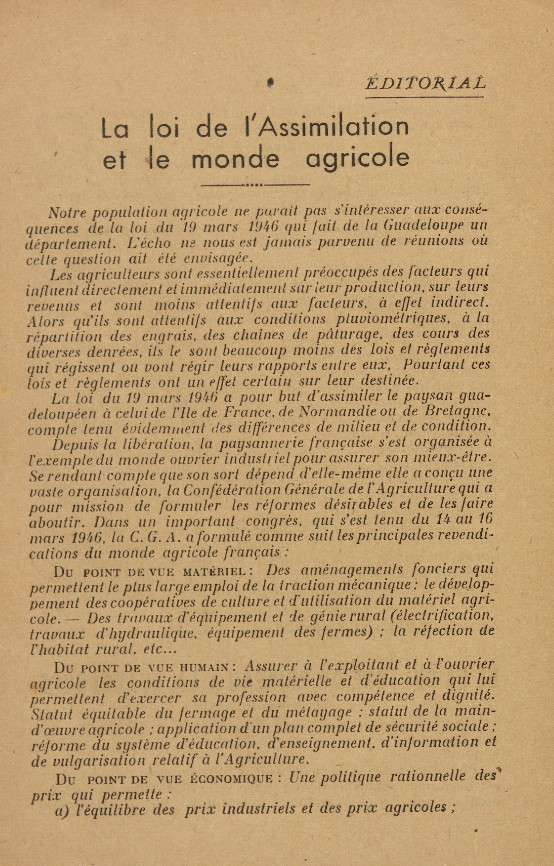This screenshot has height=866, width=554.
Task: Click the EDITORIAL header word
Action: [x=425, y=84]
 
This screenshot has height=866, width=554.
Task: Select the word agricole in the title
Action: [x=358, y=160]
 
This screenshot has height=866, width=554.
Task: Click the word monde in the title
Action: [x=236, y=160]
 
